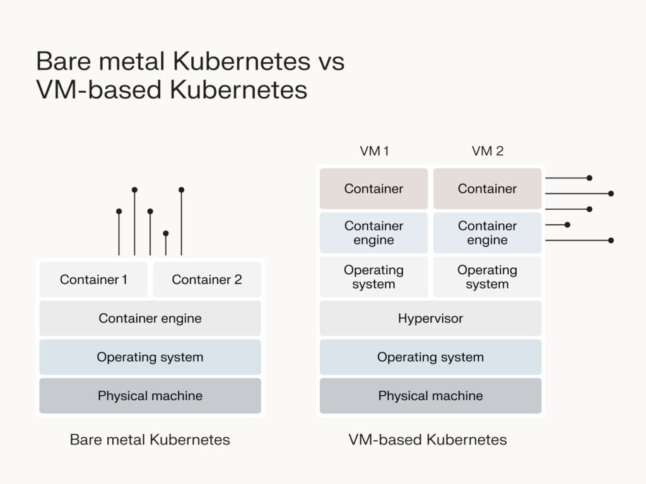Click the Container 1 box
(93, 279)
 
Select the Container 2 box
(207, 279)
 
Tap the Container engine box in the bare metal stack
(150, 318)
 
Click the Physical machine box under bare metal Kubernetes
(150, 396)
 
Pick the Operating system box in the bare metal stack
(150, 357)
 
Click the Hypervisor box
(430, 318)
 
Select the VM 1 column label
(374, 151)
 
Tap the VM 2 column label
(488, 151)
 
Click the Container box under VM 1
(373, 188)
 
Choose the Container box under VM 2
(487, 188)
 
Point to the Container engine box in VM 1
(373, 233)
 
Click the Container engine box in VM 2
(487, 233)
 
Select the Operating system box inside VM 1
(373, 277)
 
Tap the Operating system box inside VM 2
(487, 277)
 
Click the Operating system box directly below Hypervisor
(430, 357)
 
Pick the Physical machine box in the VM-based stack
(430, 396)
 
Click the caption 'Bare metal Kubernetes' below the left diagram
(150, 439)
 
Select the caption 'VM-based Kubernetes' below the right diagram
(428, 439)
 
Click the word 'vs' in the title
(329, 62)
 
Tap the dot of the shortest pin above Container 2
(166, 233)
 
